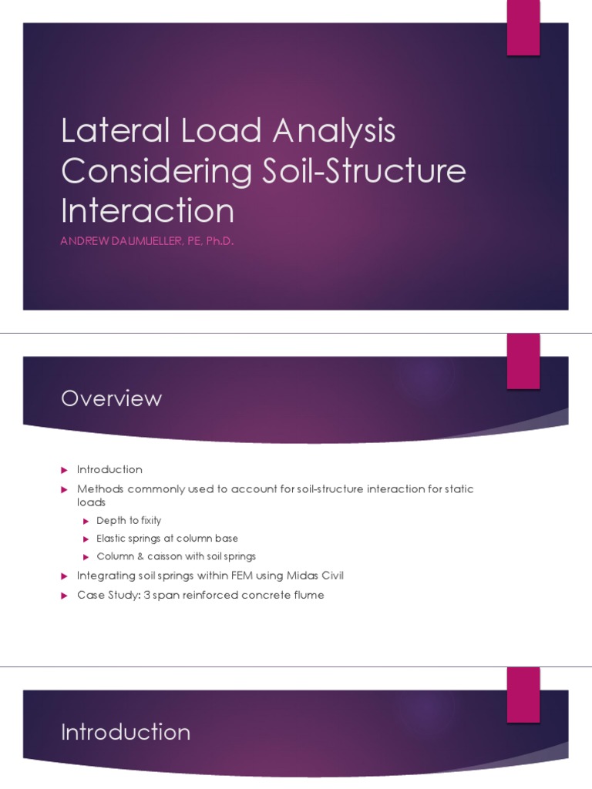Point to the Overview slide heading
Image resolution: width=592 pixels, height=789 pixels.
111,398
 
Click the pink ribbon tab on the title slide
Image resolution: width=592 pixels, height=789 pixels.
523,29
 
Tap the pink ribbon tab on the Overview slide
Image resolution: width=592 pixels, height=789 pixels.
523,361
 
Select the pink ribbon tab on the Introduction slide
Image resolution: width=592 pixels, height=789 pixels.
523,694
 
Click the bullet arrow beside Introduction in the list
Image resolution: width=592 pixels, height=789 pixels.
66,470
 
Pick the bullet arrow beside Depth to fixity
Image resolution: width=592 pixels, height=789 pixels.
87,522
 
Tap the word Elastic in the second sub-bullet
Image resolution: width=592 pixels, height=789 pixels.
110,539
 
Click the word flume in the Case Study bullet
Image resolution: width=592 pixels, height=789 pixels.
308,595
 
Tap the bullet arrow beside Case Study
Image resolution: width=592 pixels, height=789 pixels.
66,596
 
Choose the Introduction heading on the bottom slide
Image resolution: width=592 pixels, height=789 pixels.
125,731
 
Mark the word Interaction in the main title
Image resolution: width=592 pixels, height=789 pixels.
147,210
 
